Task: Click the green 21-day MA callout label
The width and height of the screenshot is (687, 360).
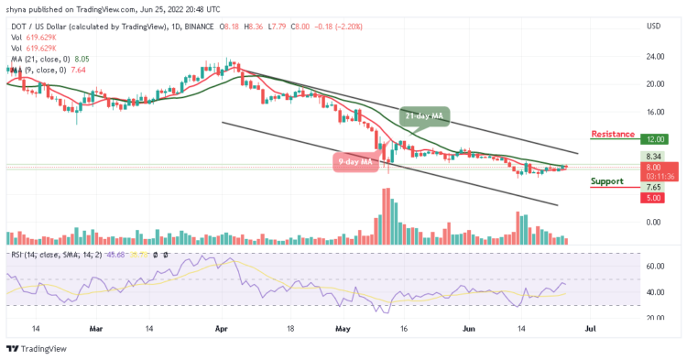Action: (425, 116)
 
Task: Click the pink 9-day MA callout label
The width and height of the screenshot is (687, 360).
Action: (355, 162)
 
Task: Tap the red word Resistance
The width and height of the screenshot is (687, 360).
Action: (613, 134)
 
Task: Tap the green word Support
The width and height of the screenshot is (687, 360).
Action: (606, 181)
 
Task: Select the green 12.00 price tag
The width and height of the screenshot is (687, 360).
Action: (655, 139)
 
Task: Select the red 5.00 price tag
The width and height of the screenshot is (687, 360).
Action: (653, 198)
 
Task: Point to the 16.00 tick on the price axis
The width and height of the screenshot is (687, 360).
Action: (654, 112)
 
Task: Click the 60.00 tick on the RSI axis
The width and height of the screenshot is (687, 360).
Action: (654, 266)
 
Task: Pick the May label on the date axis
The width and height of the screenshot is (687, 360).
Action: (342, 327)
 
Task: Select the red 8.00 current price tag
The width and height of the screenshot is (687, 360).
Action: (653, 168)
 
